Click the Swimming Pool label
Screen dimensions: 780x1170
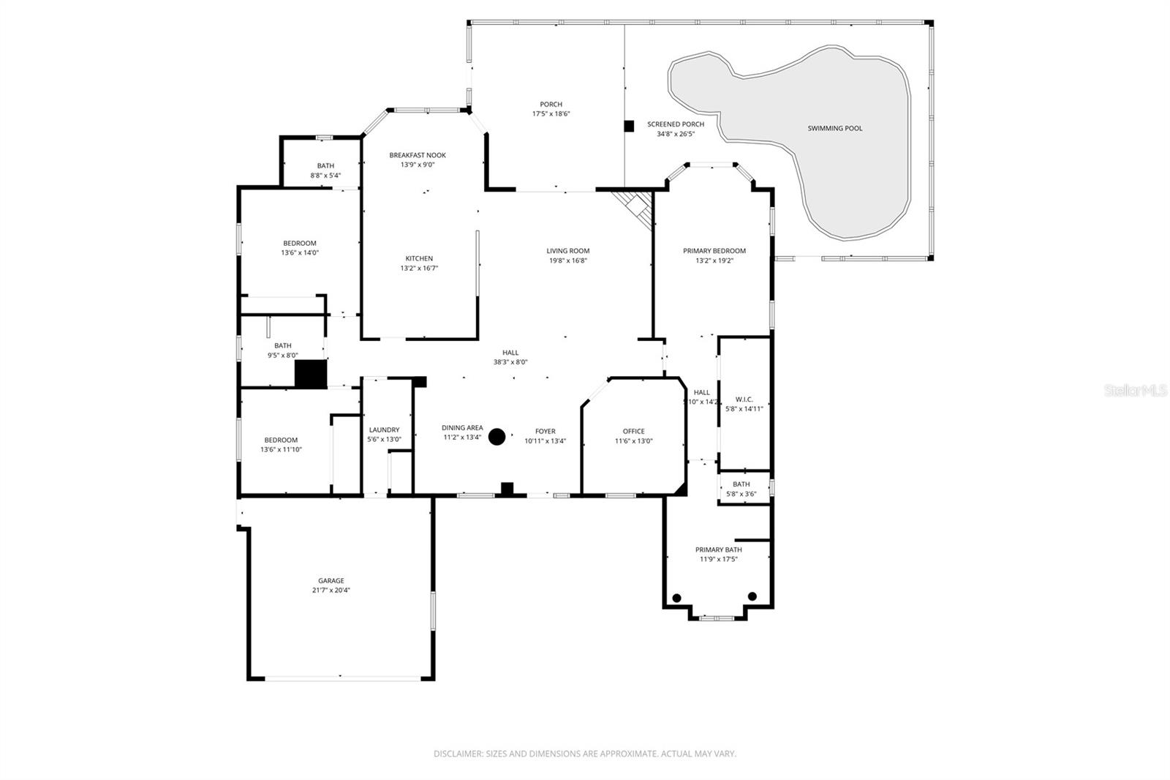[x=834, y=128]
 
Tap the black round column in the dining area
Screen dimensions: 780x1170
[x=497, y=437]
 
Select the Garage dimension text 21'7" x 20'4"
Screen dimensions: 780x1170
[x=331, y=590]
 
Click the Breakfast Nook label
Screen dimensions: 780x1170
[x=417, y=155]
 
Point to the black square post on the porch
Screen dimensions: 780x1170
[x=628, y=126]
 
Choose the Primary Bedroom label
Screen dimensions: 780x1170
[x=714, y=251]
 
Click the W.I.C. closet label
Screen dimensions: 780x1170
[x=744, y=400]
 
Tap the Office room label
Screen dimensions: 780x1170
[x=633, y=431]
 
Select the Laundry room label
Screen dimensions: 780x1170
[x=384, y=430]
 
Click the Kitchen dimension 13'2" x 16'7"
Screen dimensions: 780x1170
[x=418, y=268]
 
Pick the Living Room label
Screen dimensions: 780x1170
[x=567, y=251]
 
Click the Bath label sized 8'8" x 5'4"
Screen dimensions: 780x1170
[x=325, y=166]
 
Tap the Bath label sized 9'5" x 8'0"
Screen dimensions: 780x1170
[x=282, y=345]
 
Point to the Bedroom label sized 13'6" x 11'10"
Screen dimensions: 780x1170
[x=281, y=440]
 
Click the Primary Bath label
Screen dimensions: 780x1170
[x=718, y=550]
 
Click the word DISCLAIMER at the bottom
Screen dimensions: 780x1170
[x=458, y=754]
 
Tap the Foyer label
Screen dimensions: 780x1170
[x=545, y=432]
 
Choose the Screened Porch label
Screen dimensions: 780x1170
[x=676, y=124]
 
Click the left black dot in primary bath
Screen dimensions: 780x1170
[x=676, y=598]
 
